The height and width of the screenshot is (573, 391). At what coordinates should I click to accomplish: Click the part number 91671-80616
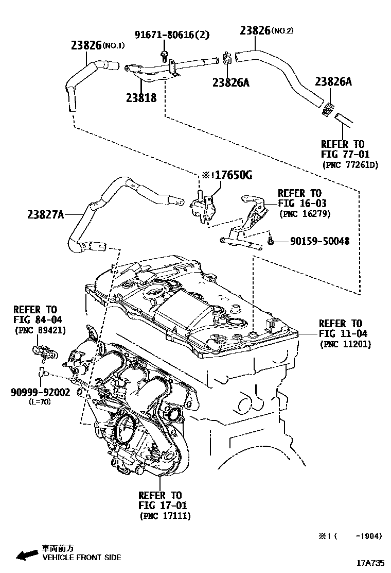pos(164,35)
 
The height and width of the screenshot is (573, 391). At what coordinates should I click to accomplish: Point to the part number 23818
pos(141,97)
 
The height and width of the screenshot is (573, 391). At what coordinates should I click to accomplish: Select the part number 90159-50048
pos(319,241)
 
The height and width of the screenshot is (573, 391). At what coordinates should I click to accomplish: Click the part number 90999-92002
pos(40,392)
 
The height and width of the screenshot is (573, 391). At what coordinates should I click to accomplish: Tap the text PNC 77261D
pos(350,165)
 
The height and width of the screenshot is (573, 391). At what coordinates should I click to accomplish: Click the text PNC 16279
pos(305,213)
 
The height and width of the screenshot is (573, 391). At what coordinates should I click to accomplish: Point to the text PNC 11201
pos(345,344)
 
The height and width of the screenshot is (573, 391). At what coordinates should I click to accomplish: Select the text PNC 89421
pos(40,330)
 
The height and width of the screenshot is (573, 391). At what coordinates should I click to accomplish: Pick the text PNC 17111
pos(165,515)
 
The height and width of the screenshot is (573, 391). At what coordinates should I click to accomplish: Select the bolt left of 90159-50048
pos(270,241)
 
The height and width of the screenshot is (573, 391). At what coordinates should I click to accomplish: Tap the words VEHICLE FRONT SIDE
pos(81,558)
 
